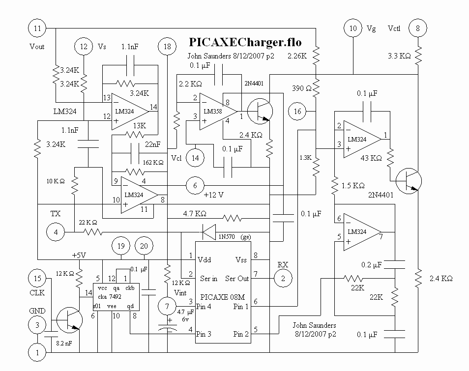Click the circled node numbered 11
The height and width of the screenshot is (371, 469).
click(37, 29)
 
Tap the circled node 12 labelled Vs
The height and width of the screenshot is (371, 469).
click(84, 47)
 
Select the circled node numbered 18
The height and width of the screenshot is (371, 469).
click(167, 47)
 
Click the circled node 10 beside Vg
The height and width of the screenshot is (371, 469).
click(353, 29)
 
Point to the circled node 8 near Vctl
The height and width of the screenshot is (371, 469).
click(417, 29)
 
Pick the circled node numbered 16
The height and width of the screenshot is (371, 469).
click(297, 112)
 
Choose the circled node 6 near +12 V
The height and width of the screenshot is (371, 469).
click(195, 185)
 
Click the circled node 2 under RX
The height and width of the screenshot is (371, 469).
click(283, 278)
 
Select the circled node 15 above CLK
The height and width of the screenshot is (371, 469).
click(37, 278)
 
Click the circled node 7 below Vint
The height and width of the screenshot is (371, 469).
click(167, 307)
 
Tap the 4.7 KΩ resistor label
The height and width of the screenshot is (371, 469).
click(194, 214)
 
